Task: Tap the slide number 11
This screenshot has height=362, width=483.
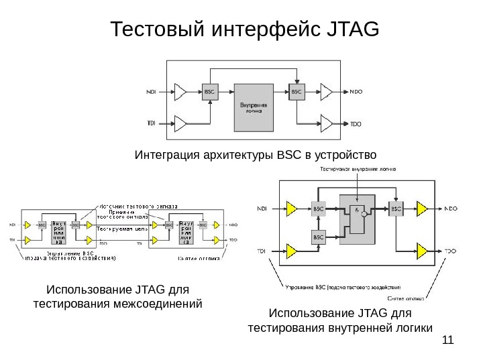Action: pos(448,341)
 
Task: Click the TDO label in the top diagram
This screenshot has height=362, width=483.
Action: pos(356,124)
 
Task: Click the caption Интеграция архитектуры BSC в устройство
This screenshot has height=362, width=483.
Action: pos(256,156)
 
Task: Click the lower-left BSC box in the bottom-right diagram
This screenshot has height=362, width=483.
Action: pos(319,237)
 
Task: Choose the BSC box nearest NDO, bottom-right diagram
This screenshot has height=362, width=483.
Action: pos(395,208)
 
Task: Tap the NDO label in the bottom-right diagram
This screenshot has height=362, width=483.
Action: pos(451,208)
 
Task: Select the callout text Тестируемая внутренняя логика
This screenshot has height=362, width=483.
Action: pos(358,169)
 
